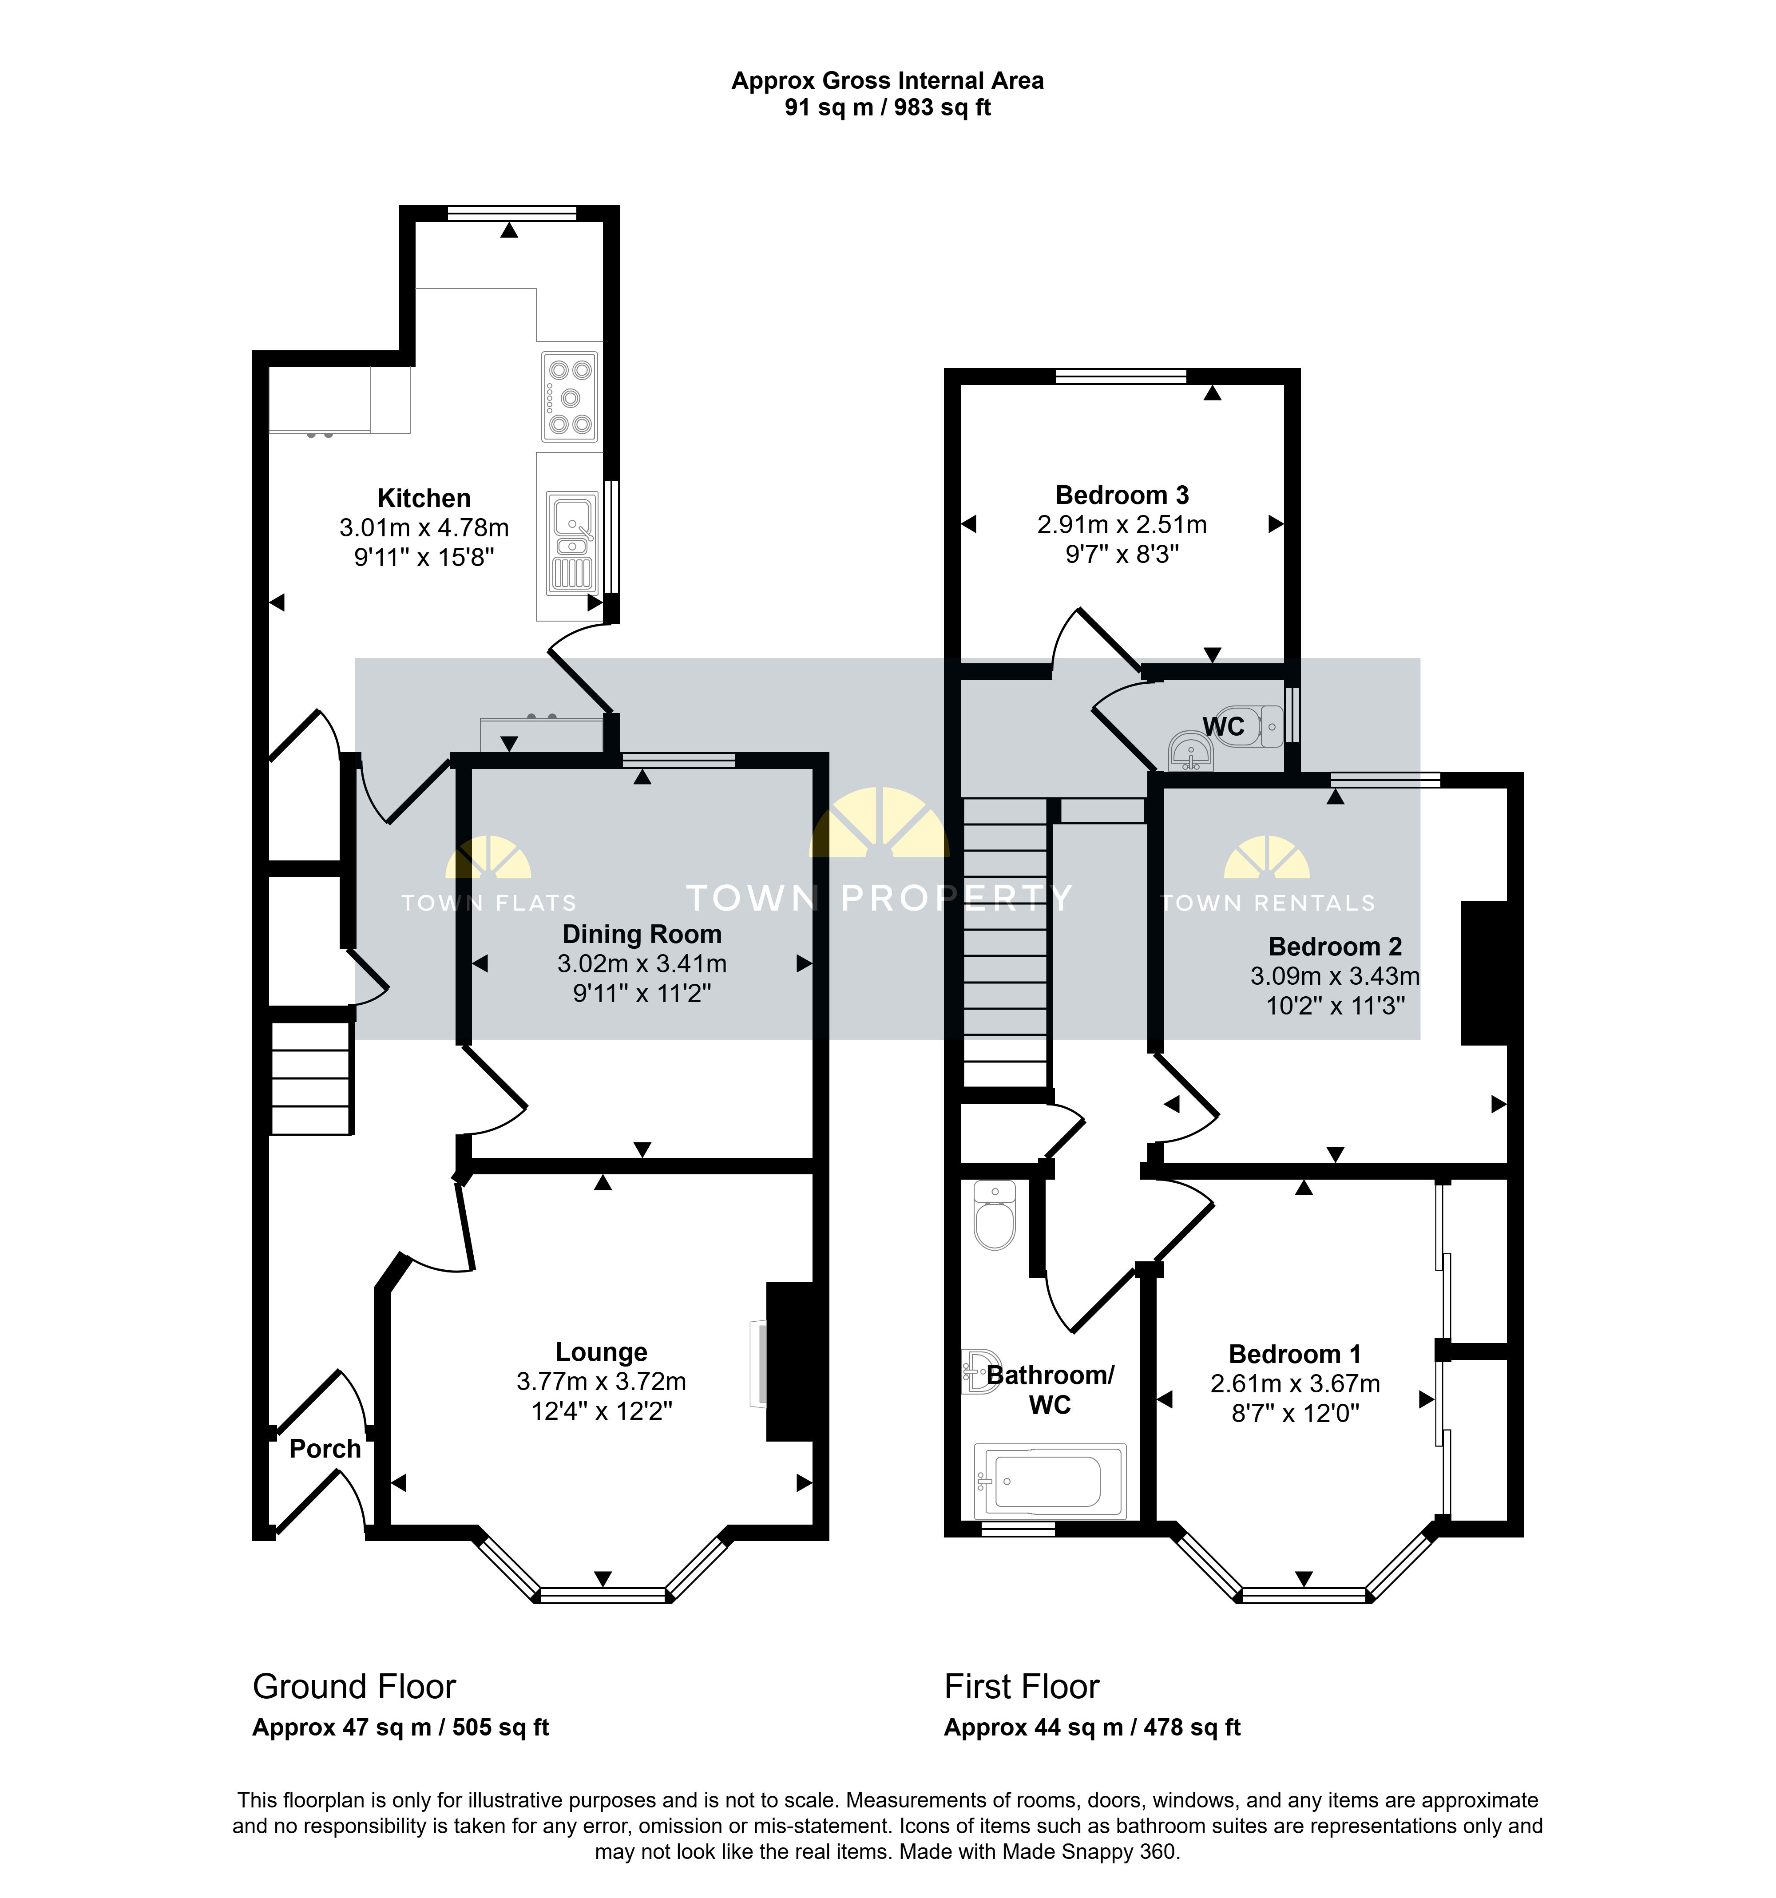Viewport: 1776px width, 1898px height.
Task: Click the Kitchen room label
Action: [424, 499]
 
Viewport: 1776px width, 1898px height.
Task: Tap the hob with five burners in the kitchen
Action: [570, 397]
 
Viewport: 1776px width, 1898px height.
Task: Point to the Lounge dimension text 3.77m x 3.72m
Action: [602, 1382]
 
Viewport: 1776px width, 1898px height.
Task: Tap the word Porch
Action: [325, 1448]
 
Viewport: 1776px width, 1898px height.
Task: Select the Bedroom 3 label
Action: [1122, 495]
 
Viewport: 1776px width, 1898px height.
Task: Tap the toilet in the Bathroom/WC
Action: [995, 1215]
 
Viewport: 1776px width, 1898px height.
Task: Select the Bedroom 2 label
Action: [1335, 946]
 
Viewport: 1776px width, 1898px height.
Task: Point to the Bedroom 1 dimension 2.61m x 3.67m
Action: [1295, 1383]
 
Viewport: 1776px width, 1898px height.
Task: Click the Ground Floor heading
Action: [354, 1687]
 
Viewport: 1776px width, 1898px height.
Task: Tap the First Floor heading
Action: [1022, 1687]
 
